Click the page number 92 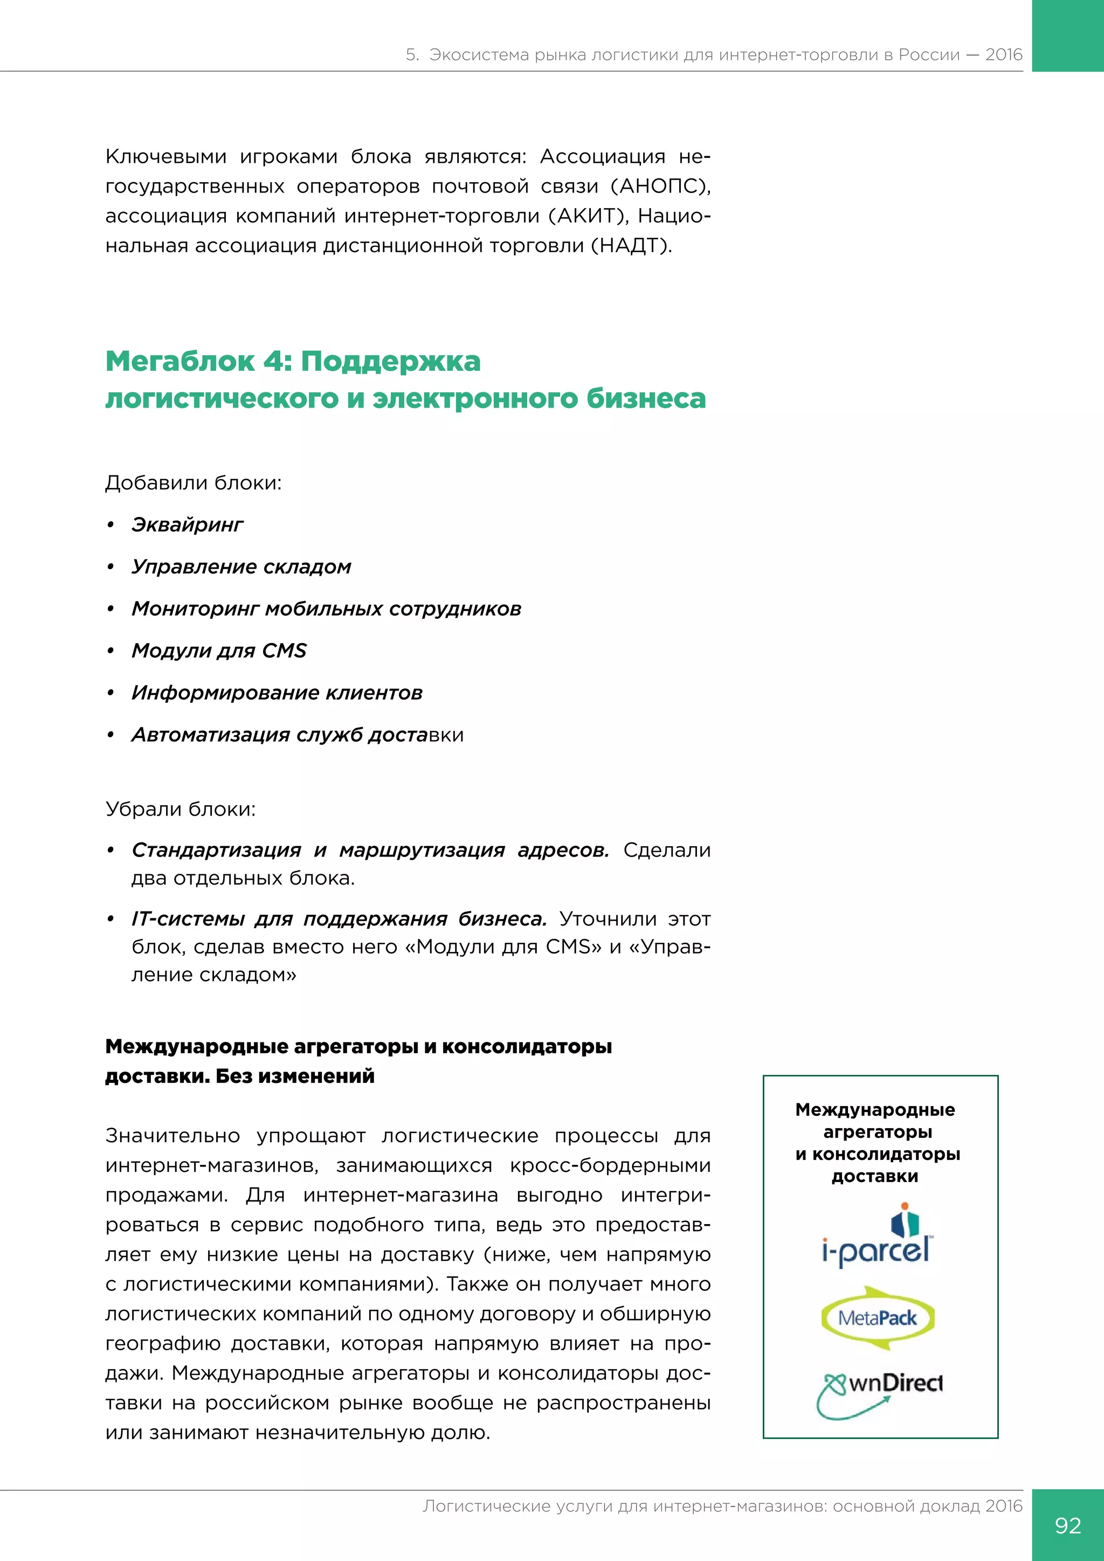(1067, 1525)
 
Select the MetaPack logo (878, 1317)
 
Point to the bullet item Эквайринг (187, 525)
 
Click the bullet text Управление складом (241, 567)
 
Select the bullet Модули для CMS (219, 651)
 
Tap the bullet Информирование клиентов (277, 693)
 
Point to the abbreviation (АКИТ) (589, 216)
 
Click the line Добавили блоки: (193, 483)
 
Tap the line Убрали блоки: (180, 809)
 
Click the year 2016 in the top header (1003, 55)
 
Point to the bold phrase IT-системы (188, 919)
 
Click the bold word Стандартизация (216, 850)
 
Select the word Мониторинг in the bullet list (195, 609)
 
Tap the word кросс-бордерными (610, 1165)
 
